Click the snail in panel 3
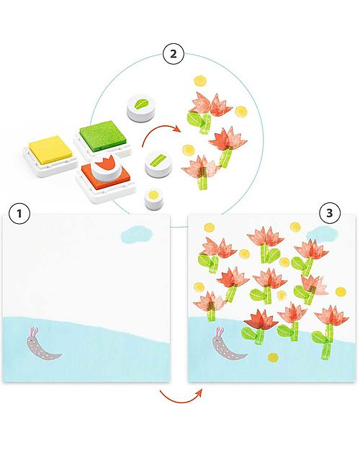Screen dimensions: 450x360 pyautogui.click(x=229, y=346)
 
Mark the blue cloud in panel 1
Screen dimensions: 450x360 pyautogui.click(x=135, y=232)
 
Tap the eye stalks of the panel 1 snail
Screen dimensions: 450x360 pyautogui.click(x=33, y=332)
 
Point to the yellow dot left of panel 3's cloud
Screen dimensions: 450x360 pyautogui.click(x=294, y=228)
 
